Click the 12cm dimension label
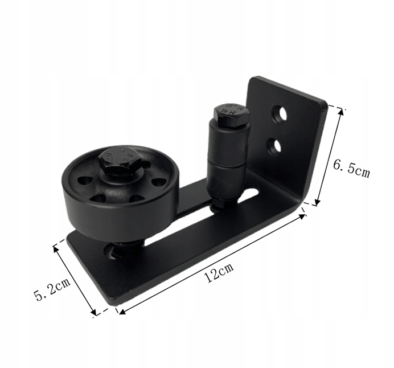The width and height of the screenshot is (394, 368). (219, 272)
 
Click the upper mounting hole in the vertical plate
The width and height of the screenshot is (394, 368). (280, 115)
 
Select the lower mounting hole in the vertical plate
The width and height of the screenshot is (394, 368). (274, 147)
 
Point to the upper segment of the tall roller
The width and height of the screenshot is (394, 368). (228, 144)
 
